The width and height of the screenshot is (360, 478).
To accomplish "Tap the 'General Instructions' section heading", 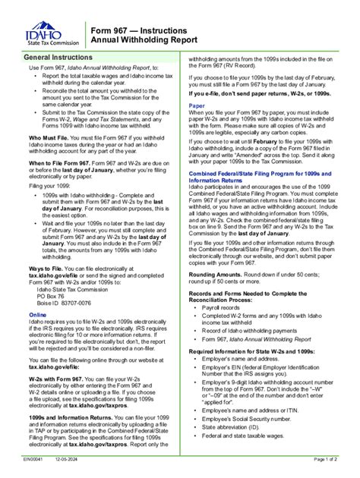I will pos(58,58).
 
